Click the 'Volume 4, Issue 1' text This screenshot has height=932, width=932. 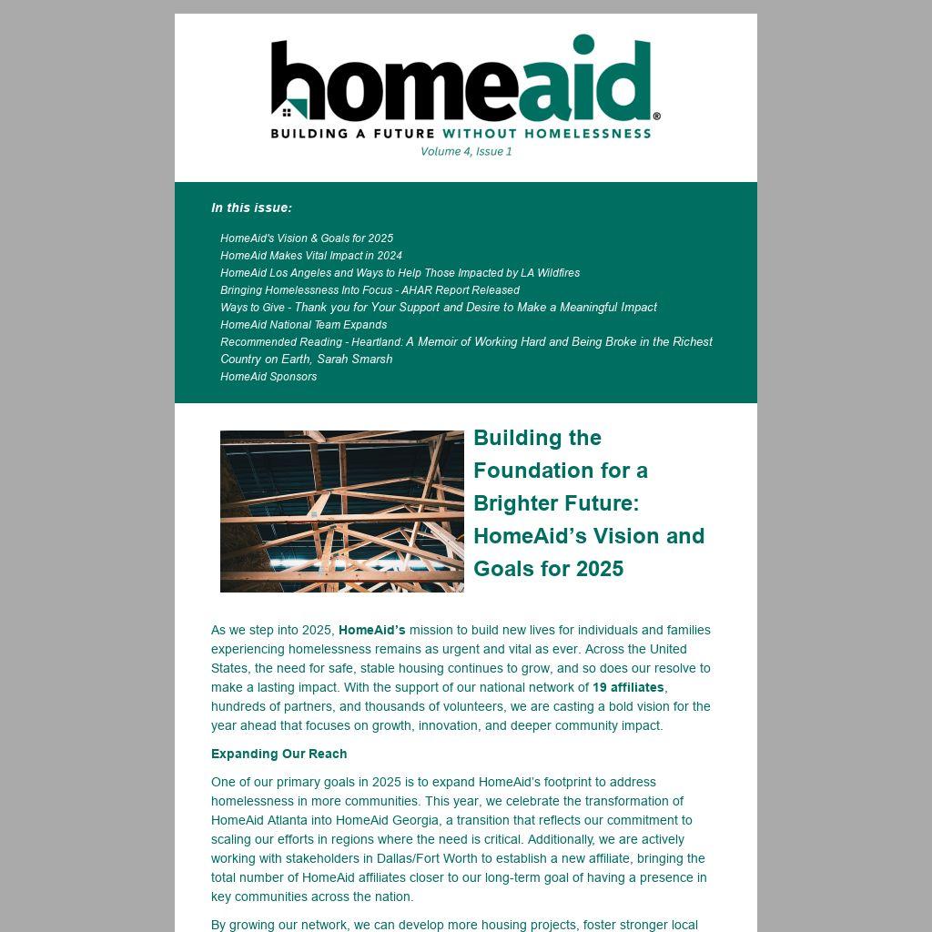click(466, 152)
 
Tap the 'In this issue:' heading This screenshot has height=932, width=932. click(251, 208)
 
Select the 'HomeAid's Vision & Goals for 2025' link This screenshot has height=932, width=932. click(307, 238)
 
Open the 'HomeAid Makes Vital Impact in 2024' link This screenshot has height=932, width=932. click(311, 256)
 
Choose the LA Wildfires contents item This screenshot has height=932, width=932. click(400, 273)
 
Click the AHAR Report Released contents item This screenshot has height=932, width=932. click(370, 290)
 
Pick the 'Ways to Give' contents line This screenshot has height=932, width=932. click(438, 308)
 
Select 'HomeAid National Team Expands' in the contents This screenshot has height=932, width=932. click(303, 325)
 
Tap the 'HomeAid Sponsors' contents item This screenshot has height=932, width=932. click(268, 377)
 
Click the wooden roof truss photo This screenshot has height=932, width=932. click(342, 512)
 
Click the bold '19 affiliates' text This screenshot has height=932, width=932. click(628, 688)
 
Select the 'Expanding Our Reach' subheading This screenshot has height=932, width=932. click(279, 754)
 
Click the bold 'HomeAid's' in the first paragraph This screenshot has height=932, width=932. click(371, 630)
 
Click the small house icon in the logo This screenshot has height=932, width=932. click(287, 113)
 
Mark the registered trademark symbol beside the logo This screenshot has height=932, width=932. click(657, 116)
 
